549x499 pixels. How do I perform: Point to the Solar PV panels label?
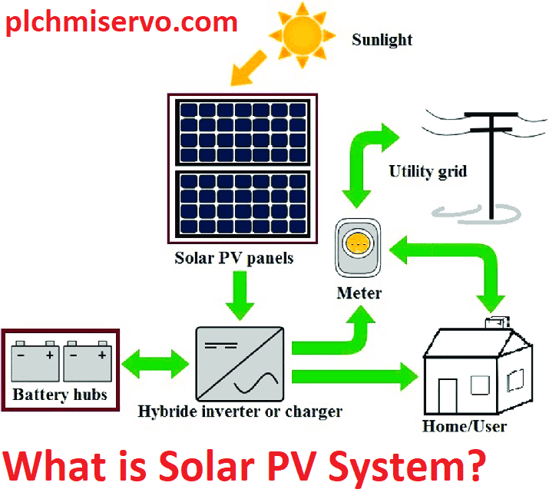[x=233, y=258]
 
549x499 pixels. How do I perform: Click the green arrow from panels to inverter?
[x=240, y=298]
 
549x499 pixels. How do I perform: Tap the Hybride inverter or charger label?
[x=240, y=411]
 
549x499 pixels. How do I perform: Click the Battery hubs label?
[x=60, y=396]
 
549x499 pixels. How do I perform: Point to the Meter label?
[x=359, y=292]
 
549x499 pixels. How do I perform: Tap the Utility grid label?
[x=427, y=170]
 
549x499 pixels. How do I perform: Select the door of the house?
[x=448, y=395]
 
